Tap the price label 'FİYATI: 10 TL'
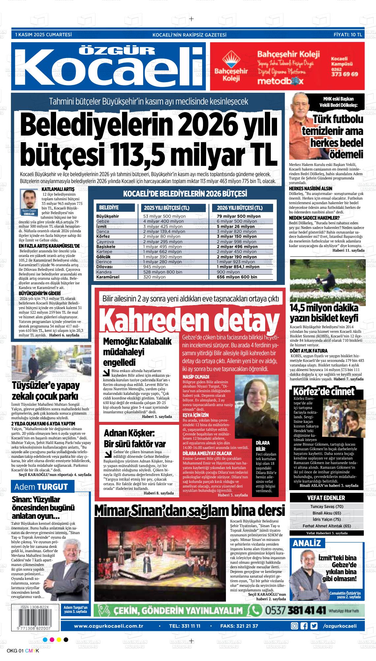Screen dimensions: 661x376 pyautogui.click(x=348, y=34)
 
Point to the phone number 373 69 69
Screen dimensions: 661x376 pyautogui.click(x=344, y=74)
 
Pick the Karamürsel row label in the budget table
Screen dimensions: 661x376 pyautogui.click(x=108, y=277)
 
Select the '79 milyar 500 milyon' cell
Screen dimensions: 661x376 pyautogui.click(x=239, y=216)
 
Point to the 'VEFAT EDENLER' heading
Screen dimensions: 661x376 pyautogui.click(x=326, y=498)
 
